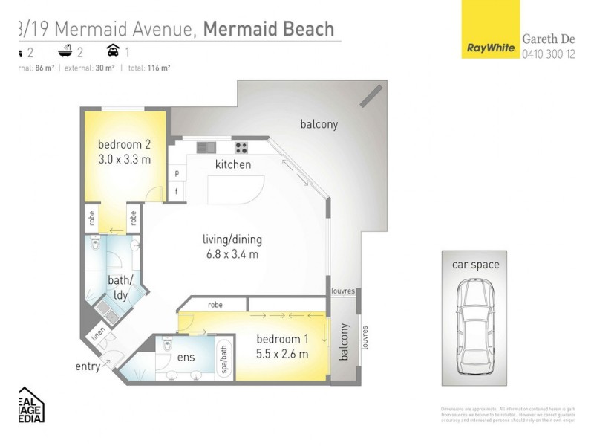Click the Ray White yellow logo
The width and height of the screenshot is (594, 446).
pyautogui.click(x=491, y=30)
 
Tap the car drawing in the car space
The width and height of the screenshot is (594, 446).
pyautogui.click(x=476, y=328)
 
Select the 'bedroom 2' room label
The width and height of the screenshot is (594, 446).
pyautogui.click(x=125, y=144)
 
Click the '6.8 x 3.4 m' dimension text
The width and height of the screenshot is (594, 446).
pyautogui.click(x=232, y=254)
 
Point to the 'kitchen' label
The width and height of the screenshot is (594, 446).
pyautogui.click(x=233, y=164)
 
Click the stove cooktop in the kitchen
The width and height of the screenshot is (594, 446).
pyautogui.click(x=241, y=147)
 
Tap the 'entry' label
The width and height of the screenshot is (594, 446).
pyautogui.click(x=88, y=366)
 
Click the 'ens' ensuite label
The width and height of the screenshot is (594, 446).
pyautogui.click(x=186, y=358)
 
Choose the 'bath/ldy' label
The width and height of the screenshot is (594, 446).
pyautogui.click(x=121, y=287)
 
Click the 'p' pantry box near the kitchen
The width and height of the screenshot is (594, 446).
pyautogui.click(x=177, y=172)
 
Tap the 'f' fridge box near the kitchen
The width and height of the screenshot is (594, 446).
pyautogui.click(x=177, y=190)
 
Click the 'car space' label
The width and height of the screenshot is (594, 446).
pyautogui.click(x=476, y=265)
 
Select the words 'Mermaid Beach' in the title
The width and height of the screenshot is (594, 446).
pyautogui.click(x=268, y=29)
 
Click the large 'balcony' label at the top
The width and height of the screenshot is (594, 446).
pyautogui.click(x=319, y=125)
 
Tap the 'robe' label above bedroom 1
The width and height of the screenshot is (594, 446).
pyautogui.click(x=215, y=304)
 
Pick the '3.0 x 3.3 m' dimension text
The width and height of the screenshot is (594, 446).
pyautogui.click(x=125, y=159)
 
